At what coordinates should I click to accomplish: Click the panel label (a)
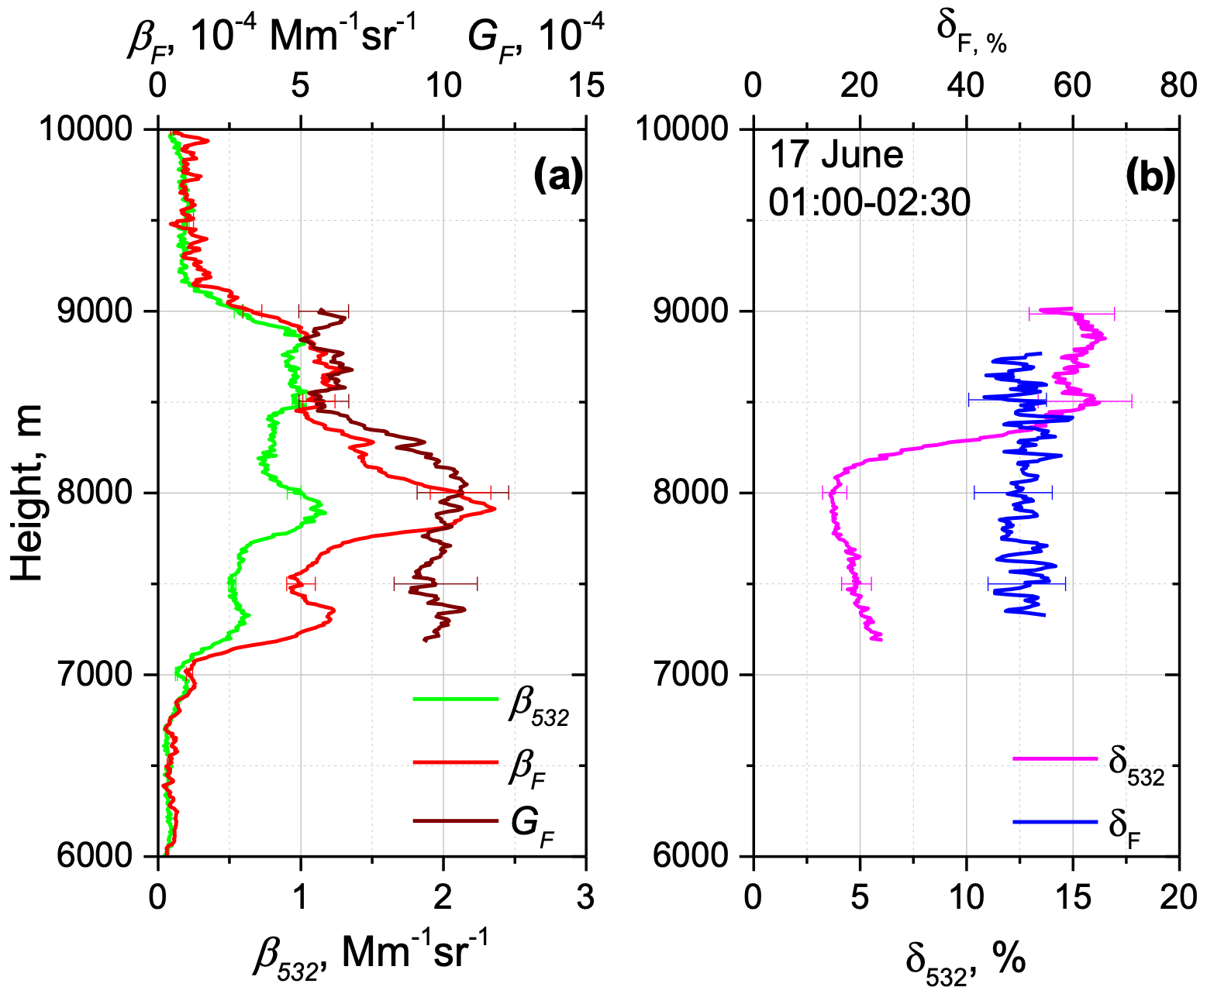(557, 177)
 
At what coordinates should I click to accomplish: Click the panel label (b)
(1151, 177)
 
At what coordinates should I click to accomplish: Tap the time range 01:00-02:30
(869, 203)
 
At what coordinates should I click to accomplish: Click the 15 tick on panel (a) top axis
(586, 85)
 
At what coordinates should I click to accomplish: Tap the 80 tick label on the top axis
(1179, 85)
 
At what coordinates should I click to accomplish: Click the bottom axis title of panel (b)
(966, 961)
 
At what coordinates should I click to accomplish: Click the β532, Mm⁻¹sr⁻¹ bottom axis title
(371, 954)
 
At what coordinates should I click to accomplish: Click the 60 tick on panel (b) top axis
(1073, 85)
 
